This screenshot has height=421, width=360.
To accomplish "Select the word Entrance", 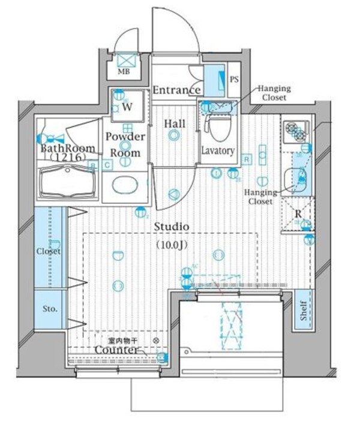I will click(176, 91).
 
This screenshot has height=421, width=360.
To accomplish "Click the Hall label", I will click(174, 124).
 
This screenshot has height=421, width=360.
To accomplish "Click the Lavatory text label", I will click(217, 151).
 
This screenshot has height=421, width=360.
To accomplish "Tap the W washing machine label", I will click(127, 107).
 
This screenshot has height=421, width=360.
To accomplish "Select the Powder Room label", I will click(125, 144).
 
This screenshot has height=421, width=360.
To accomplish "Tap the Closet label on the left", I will click(49, 251).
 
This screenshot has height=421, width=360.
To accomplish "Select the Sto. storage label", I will click(50, 309).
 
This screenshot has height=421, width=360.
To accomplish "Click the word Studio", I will click(172, 227).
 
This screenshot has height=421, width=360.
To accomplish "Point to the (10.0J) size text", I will click(173, 244).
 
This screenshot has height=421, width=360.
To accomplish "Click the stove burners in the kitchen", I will click(295, 131).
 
